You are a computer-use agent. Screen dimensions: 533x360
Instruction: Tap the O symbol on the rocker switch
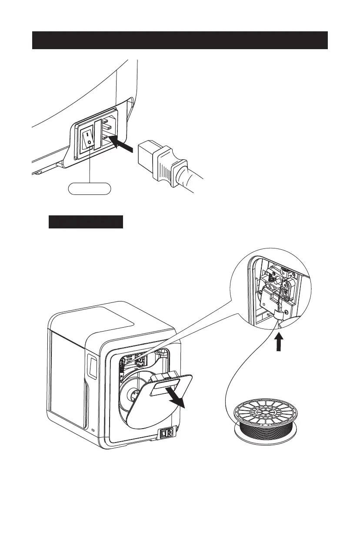click(x=89, y=142)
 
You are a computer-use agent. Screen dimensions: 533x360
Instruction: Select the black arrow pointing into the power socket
click(x=120, y=145)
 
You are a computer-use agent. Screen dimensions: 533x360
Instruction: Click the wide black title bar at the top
click(x=180, y=40)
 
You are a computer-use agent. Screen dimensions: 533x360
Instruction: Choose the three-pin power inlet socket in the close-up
click(x=108, y=135)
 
